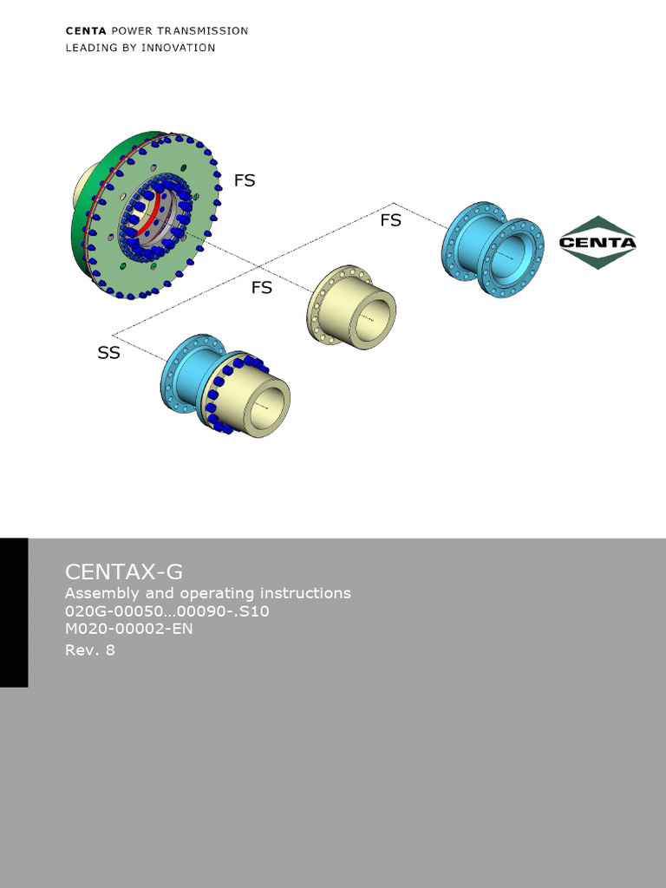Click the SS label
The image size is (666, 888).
(x=108, y=353)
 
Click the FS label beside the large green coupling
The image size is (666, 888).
(x=245, y=180)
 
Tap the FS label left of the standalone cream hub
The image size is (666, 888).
(x=261, y=287)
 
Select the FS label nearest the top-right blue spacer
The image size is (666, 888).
(x=390, y=220)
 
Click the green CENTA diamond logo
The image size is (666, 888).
(x=597, y=242)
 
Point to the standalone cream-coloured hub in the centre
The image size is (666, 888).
(x=351, y=307)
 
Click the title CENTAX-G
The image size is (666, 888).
(x=124, y=571)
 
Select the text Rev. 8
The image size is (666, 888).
(x=90, y=650)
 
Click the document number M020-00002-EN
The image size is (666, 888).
(x=129, y=629)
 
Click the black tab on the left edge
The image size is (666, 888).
(x=14, y=612)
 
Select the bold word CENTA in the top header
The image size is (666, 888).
(x=85, y=30)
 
